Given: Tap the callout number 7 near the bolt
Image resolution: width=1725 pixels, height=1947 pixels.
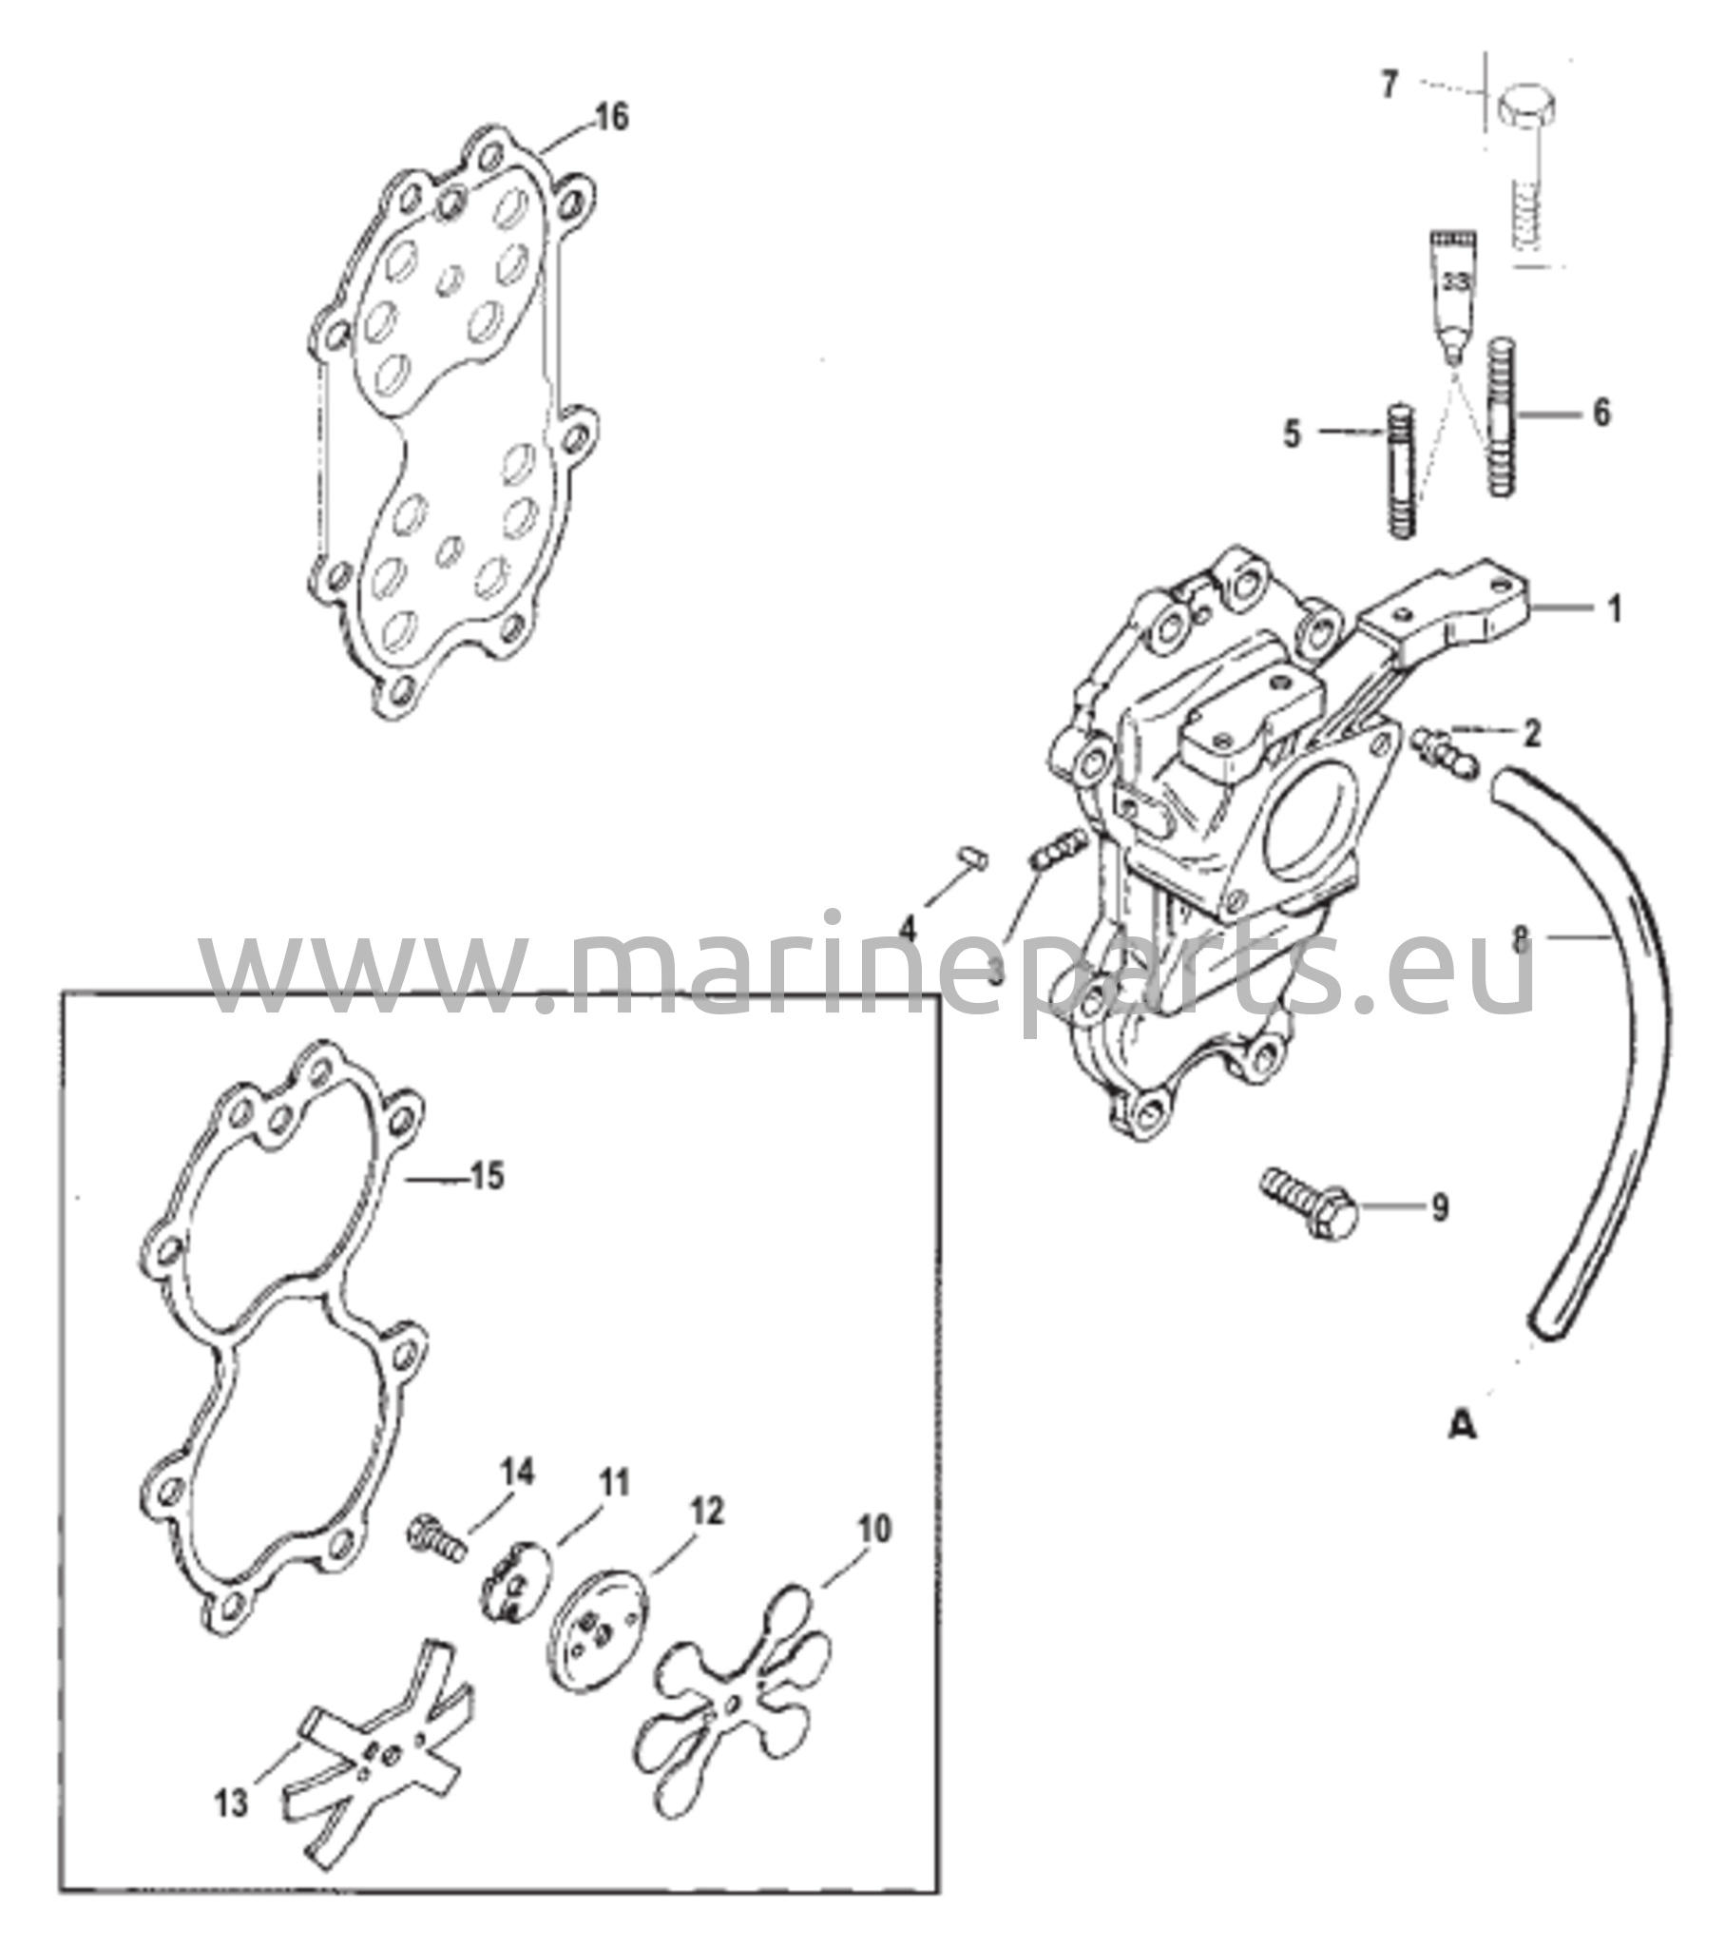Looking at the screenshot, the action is [x=1390, y=85].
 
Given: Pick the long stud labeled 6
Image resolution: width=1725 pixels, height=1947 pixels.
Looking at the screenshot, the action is [x=1501, y=416].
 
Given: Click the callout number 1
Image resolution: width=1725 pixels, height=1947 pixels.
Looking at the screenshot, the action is [x=1615, y=608].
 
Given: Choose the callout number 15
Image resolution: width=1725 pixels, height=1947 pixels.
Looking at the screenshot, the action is [x=487, y=1176].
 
